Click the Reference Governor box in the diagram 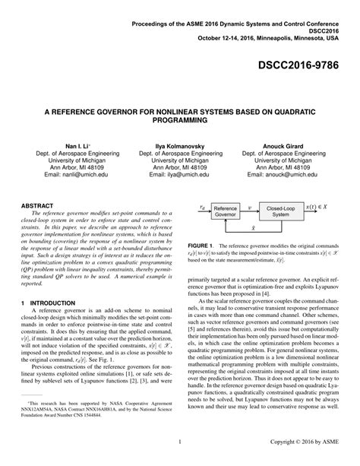[x=225, y=211]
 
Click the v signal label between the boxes [x=251, y=206]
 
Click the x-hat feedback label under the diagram [x=253, y=227]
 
